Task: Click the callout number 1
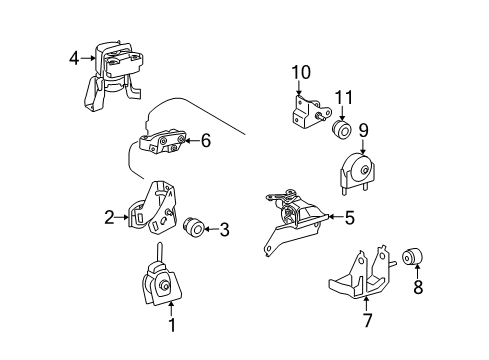click(170, 325)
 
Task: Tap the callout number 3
click(224, 230)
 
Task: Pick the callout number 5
click(349, 215)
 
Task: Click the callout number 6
click(205, 141)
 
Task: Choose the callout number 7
click(366, 322)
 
